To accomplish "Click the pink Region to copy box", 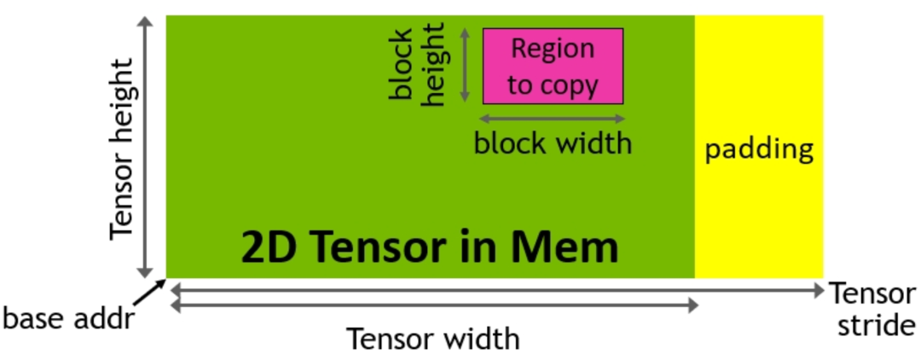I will coord(553,66).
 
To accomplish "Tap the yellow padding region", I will coord(759,213).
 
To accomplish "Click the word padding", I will coord(759,151).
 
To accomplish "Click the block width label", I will coord(553,142).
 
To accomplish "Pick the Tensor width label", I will coord(432,339).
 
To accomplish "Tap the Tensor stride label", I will coord(872,310).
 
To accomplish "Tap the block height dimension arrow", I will coord(466,65).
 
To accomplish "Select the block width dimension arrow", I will coord(553,119).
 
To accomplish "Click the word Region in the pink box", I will coord(553,49).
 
